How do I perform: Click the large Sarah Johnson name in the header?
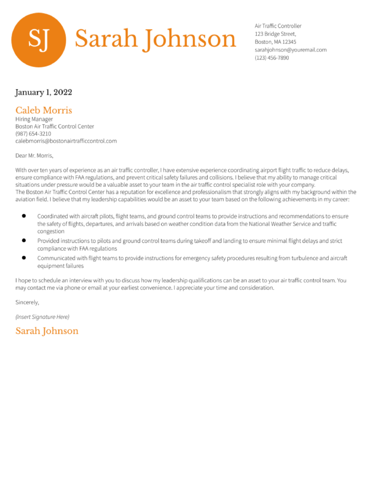point(155,39)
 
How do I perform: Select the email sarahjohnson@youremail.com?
point(291,50)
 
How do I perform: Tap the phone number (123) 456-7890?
point(272,58)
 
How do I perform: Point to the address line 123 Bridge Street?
point(275,34)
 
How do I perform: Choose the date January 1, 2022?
point(44,92)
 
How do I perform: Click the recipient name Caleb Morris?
point(44,110)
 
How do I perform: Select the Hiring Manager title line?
point(34,119)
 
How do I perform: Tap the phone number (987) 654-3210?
point(33,134)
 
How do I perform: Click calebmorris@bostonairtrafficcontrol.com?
point(66,141)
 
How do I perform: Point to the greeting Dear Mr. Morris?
point(34,156)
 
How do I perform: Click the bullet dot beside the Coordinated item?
point(24,216)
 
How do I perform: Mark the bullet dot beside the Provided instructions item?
point(24,240)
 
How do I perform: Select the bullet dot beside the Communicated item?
point(24,258)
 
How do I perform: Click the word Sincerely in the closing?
point(27,302)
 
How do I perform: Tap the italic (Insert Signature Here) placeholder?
point(42,317)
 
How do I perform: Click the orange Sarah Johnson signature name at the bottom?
point(46,331)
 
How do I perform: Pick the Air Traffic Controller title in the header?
point(278,26)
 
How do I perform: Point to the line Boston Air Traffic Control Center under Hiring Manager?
point(54,126)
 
